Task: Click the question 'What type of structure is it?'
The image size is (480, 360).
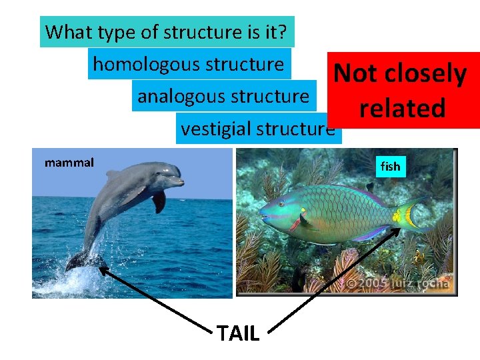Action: coord(167,31)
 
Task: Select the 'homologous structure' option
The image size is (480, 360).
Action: coord(189,64)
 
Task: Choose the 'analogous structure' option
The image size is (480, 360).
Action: coord(223,96)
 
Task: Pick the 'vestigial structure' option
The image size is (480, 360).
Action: coord(258,128)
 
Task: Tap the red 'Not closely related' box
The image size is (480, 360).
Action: coord(401,91)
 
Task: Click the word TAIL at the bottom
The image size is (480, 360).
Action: coord(238,333)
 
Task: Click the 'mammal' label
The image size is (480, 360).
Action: coord(69,162)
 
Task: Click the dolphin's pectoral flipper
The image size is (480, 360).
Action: coord(159,201)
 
